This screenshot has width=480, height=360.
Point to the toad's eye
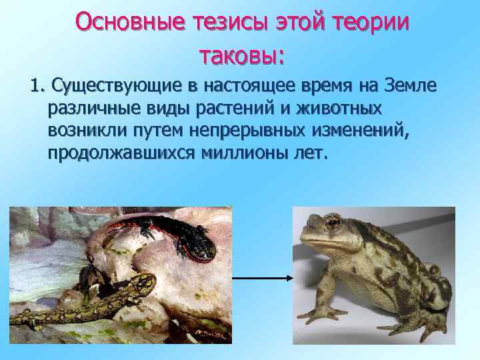click(331, 222)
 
